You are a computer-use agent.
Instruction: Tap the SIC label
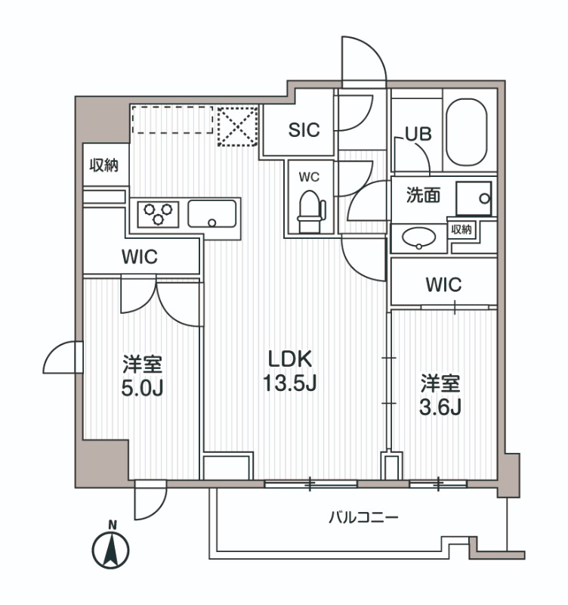click(x=304, y=129)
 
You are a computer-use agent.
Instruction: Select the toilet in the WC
click(x=309, y=211)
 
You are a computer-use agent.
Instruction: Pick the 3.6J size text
click(x=440, y=406)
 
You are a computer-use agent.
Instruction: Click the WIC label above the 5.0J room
click(x=139, y=256)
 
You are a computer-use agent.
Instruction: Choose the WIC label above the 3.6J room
click(x=443, y=284)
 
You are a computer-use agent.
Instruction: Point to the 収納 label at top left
click(x=104, y=166)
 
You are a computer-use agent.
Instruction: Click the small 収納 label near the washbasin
click(x=463, y=230)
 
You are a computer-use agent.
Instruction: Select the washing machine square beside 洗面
click(x=474, y=198)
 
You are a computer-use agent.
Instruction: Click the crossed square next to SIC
click(x=237, y=125)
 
